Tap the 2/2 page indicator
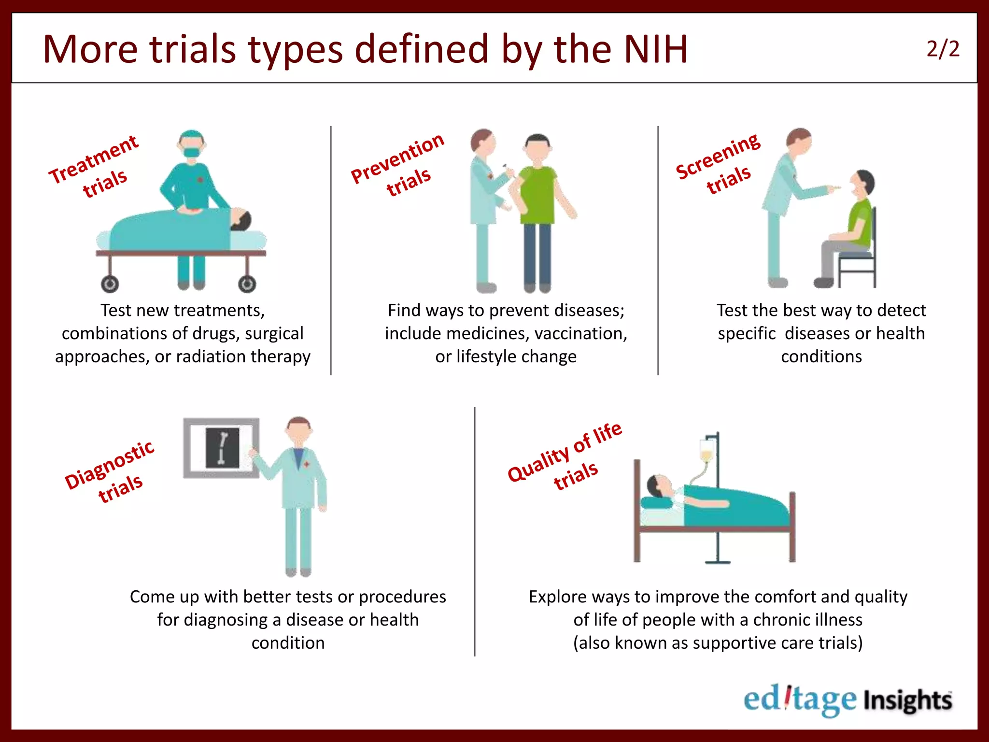click(943, 49)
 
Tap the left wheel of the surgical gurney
click(110, 284)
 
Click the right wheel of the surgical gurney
click(247, 284)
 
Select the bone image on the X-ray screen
click(223, 448)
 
